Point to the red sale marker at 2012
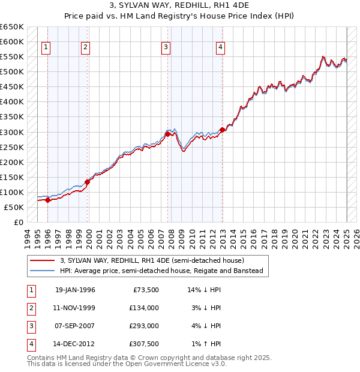[223, 130]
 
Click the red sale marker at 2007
[168, 134]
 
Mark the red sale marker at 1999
[88, 182]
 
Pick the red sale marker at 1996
[48, 200]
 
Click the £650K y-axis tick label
[12, 27]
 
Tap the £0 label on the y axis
[19, 222]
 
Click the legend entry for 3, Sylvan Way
[152, 261]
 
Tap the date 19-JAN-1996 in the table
[75, 290]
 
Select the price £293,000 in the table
[145, 326]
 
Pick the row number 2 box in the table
[31, 308]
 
